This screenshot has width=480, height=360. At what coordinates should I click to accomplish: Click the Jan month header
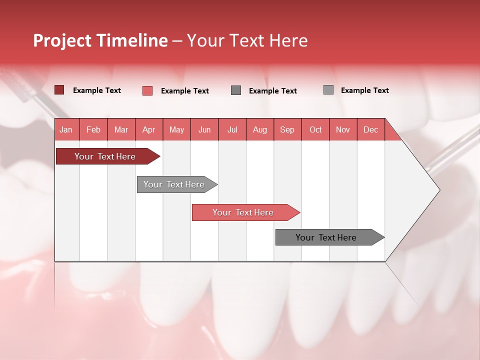pos(66,130)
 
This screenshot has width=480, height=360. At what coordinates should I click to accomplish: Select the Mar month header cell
pos(121,130)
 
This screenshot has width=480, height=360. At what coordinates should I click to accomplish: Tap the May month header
pos(176,130)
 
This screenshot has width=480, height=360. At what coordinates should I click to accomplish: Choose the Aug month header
pos(259,130)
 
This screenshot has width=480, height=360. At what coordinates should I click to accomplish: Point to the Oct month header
pos(315,130)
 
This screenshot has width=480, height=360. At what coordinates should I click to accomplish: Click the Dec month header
pos(370,130)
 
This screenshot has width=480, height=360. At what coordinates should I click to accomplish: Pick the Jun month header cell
pos(204,130)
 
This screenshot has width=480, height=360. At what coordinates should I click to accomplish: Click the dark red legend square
pos(59,90)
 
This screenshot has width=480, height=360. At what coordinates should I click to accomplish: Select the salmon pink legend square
pos(147,90)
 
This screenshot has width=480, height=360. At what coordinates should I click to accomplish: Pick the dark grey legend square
pos(236,90)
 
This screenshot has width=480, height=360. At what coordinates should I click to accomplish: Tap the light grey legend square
pos(328,90)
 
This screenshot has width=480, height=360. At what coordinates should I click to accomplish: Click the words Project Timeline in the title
pos(100,40)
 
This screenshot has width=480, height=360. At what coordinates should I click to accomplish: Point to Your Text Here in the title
pos(247,40)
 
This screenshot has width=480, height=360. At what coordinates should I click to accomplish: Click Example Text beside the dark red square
pos(97,90)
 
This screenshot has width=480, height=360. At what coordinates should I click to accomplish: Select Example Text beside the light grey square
pos(365,90)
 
